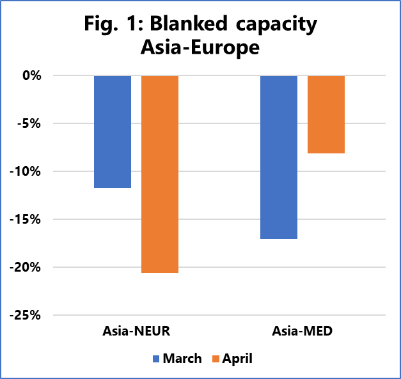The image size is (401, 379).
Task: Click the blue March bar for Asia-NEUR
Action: click(113, 132)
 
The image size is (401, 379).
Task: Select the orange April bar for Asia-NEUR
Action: click(160, 174)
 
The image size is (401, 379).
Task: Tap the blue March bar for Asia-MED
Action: click(278, 157)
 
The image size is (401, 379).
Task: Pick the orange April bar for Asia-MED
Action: click(326, 114)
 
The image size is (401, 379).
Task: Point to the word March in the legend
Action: click(182, 359)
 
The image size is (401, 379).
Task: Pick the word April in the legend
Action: click(237, 359)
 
